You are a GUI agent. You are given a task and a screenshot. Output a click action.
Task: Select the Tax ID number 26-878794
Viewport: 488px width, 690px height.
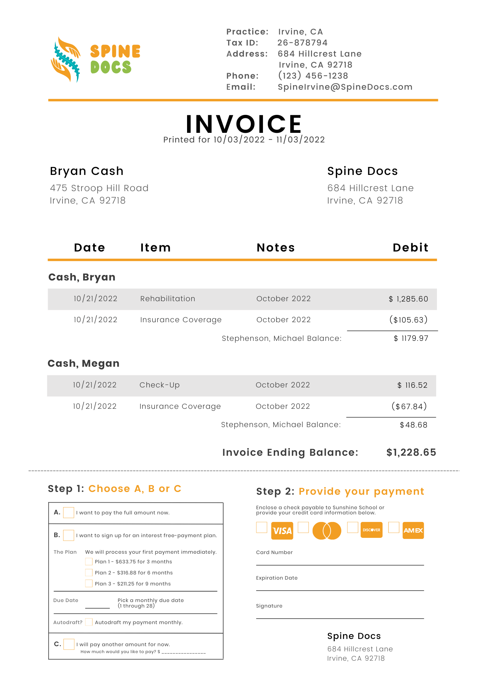pyautogui.click(x=302, y=43)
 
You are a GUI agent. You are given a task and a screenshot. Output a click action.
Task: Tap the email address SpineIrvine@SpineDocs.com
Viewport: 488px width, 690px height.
pyautogui.click(x=345, y=87)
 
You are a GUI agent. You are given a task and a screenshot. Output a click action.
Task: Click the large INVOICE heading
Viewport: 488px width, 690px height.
pyautogui.click(x=244, y=124)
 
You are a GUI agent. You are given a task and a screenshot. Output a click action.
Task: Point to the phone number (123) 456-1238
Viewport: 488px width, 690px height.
pyautogui.click(x=313, y=76)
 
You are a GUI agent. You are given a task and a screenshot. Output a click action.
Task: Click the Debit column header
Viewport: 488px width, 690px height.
pyautogui.click(x=410, y=248)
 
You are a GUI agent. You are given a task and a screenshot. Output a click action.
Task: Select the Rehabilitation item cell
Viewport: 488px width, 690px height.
pyautogui.click(x=168, y=299)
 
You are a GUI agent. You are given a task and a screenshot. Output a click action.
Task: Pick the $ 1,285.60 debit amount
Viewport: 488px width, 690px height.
pyautogui.click(x=408, y=299)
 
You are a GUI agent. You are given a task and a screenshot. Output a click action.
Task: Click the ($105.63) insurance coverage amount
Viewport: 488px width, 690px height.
pyautogui.click(x=408, y=320)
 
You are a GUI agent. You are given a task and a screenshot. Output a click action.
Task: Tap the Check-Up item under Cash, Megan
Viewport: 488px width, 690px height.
pyautogui.click(x=159, y=385)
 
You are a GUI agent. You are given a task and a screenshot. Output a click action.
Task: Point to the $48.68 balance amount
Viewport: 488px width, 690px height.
pyautogui.click(x=413, y=425)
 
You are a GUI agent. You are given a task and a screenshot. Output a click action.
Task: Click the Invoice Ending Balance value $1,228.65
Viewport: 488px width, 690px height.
pyautogui.click(x=411, y=452)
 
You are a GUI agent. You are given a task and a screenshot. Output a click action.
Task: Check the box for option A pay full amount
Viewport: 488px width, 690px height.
pyautogui.click(x=69, y=513)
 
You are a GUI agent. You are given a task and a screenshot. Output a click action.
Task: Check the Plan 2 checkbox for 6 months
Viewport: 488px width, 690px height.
pyautogui.click(x=89, y=573)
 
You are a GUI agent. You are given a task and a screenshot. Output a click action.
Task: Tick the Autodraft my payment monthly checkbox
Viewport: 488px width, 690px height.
pyautogui.click(x=89, y=622)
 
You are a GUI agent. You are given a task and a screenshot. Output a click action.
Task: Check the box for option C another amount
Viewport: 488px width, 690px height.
pyautogui.click(x=69, y=644)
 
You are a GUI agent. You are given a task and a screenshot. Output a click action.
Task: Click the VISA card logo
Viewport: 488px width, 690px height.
pyautogui.click(x=282, y=531)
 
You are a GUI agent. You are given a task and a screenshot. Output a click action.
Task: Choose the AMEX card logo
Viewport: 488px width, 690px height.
pyautogui.click(x=413, y=531)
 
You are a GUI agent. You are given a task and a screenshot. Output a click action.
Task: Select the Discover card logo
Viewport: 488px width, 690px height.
pyautogui.click(x=371, y=530)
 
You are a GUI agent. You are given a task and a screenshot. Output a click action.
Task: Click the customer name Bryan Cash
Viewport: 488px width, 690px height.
pyautogui.click(x=87, y=171)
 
